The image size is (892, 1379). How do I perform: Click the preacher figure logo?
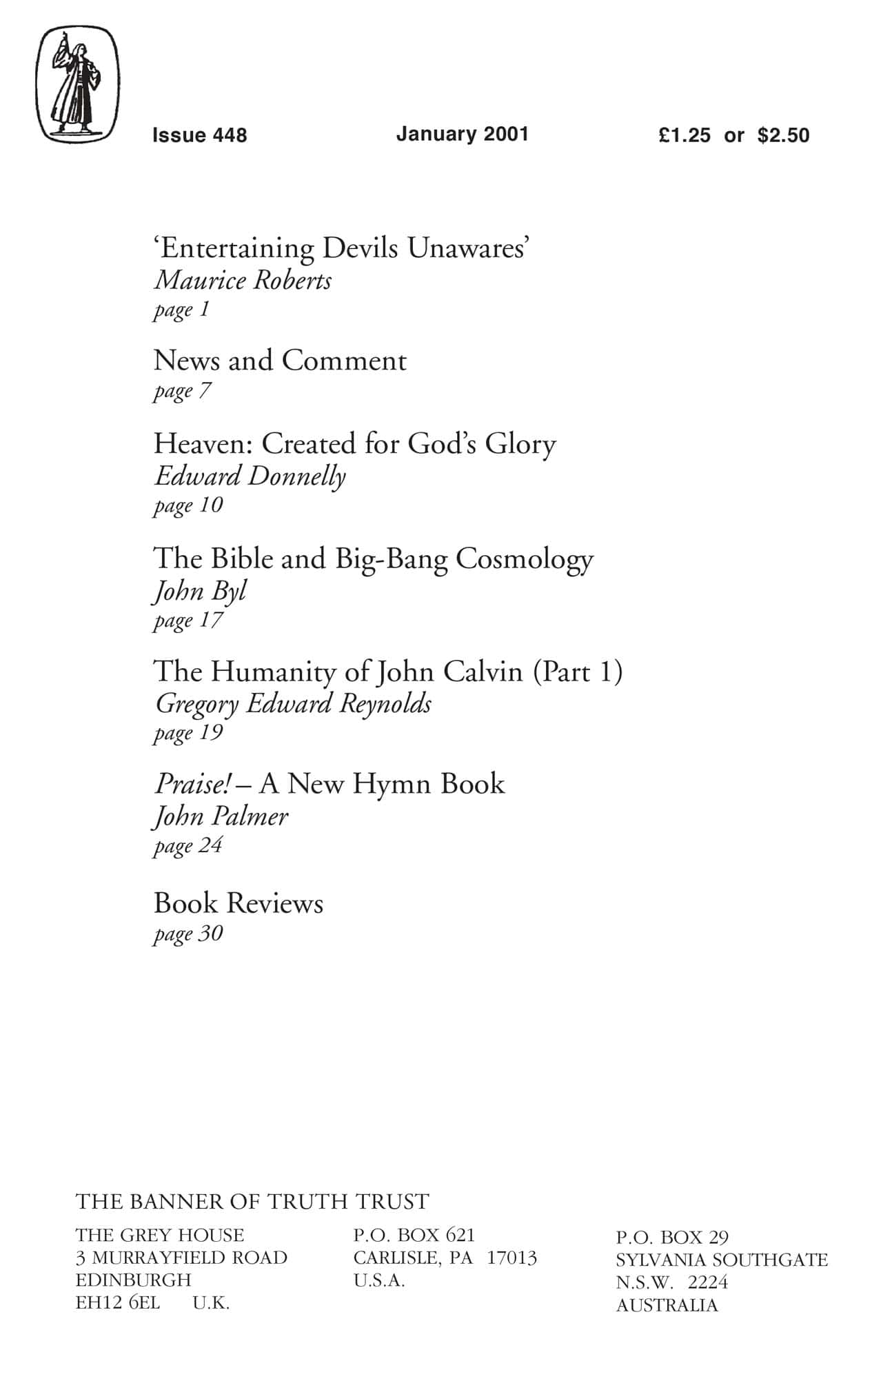[x=77, y=85]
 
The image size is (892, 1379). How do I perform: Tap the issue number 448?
[x=230, y=135]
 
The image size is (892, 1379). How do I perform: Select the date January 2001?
[x=462, y=134]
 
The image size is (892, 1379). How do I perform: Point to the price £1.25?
[x=684, y=135]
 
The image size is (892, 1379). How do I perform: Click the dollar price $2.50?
[x=783, y=135]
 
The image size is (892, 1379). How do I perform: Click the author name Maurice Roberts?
[x=243, y=281]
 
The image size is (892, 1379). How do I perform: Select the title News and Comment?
[x=280, y=361]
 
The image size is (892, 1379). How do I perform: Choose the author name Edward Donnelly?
[x=250, y=476]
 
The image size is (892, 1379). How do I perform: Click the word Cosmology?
[x=524, y=559]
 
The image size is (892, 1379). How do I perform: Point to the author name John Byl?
[x=200, y=592]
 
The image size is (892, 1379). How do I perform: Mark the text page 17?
[x=187, y=621]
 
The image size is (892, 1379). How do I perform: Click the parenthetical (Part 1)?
[x=578, y=672]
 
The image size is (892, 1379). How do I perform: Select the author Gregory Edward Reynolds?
[x=293, y=704]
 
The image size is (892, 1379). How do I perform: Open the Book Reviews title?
[x=239, y=903]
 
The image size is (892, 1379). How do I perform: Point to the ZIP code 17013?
[x=511, y=1258]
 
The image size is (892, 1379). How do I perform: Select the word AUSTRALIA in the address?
[x=667, y=1305]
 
